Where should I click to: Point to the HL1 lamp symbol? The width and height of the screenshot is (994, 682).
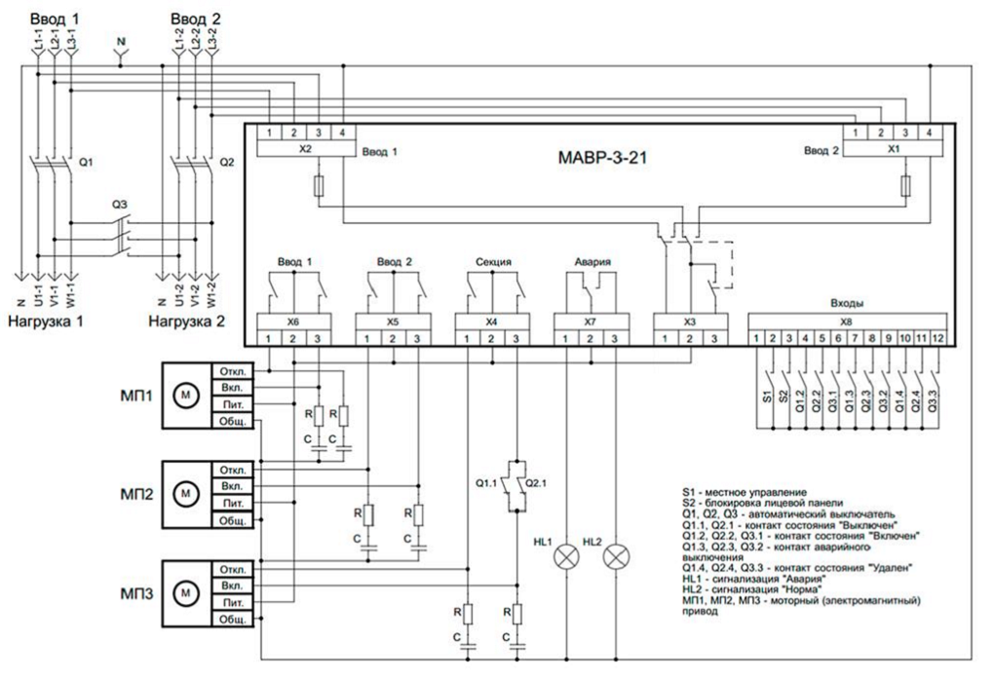pyautogui.click(x=566, y=557)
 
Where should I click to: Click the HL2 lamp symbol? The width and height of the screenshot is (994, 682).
pyautogui.click(x=615, y=557)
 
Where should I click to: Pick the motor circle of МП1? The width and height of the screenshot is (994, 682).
pyautogui.click(x=184, y=395)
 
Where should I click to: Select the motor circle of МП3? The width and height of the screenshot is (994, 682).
pyautogui.click(x=184, y=591)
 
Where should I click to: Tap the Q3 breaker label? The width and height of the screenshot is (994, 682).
pyautogui.click(x=119, y=206)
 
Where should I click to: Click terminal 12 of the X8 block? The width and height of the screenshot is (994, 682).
pyautogui.click(x=937, y=337)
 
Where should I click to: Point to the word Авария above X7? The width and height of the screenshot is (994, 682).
pyautogui.click(x=588, y=262)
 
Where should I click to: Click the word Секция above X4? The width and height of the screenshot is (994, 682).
pyautogui.click(x=491, y=262)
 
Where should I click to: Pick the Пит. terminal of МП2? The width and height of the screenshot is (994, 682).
pyautogui.click(x=232, y=504)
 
